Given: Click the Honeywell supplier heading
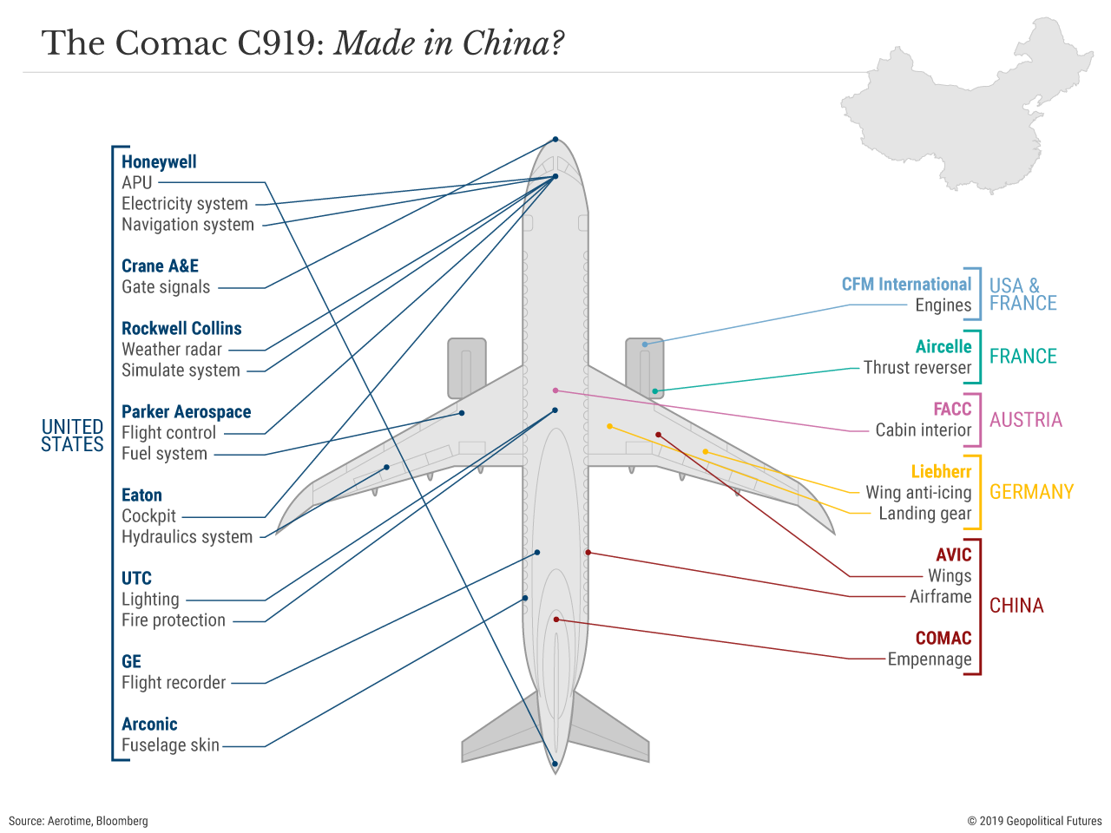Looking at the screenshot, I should (x=159, y=162).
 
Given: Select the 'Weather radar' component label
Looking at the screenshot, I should (x=172, y=350).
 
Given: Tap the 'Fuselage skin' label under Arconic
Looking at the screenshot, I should (x=170, y=745).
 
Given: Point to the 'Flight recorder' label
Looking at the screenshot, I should (x=174, y=683).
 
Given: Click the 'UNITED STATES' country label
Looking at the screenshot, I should (x=72, y=436).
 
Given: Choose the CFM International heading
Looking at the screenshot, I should (x=906, y=285).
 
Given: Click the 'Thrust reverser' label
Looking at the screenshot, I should (x=917, y=368).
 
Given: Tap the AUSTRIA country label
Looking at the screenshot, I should (x=1025, y=420).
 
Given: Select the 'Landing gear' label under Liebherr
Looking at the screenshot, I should (x=924, y=514).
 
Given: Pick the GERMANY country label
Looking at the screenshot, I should (x=1031, y=492).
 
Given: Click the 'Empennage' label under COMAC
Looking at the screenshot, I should (x=929, y=659).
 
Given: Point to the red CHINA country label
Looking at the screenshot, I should (x=1016, y=606).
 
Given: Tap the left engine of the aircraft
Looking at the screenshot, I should (x=466, y=368).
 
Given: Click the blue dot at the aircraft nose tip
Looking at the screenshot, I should (x=555, y=140).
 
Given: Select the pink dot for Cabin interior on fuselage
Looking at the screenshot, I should (x=555, y=390).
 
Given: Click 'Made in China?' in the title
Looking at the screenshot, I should (x=449, y=43).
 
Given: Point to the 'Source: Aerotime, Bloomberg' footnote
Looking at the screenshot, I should (x=78, y=821).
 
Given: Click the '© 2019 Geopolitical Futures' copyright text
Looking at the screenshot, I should (x=1035, y=821).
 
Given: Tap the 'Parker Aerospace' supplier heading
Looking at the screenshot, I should (x=186, y=412).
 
